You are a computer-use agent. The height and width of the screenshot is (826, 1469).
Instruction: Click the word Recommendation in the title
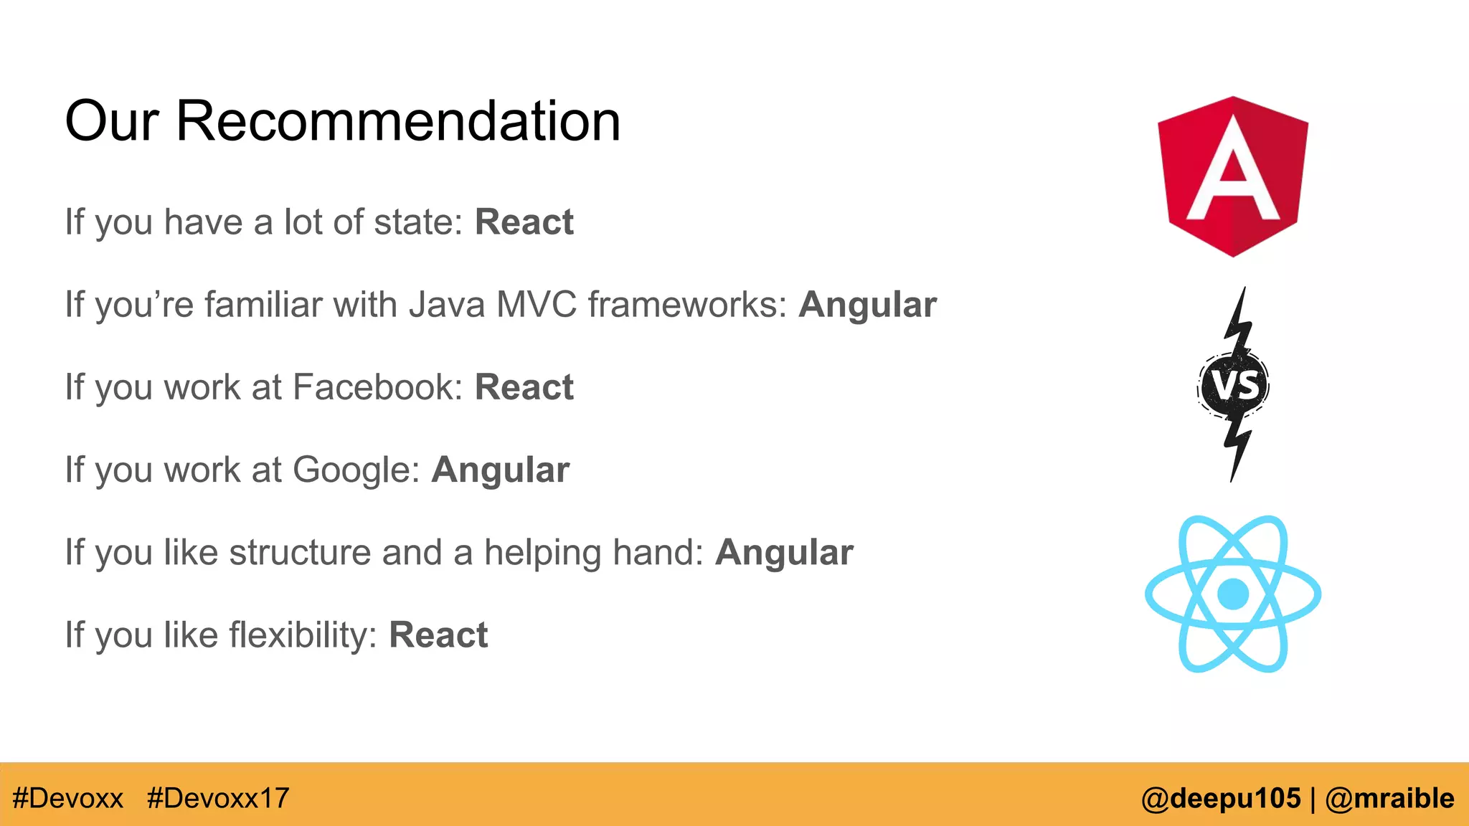point(398,120)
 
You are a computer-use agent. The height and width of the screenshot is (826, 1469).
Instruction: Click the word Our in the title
point(111,120)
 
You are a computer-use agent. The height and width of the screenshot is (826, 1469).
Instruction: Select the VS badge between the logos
point(1234,385)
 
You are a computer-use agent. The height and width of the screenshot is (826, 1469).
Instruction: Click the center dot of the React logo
point(1233,594)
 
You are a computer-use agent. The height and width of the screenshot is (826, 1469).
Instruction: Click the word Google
point(356,470)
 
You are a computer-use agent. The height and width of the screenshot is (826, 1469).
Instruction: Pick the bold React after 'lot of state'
point(524,222)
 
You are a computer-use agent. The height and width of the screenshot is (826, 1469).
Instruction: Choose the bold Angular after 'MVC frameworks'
point(867,305)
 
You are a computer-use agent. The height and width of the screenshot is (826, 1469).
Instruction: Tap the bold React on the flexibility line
point(438,635)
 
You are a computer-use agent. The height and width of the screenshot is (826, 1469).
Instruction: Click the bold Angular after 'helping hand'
point(784,553)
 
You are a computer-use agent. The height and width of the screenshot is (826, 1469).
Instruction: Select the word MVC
point(536,305)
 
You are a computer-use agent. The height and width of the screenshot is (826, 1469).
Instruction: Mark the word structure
point(300,553)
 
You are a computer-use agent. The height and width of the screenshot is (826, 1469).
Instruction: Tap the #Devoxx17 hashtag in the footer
point(218,798)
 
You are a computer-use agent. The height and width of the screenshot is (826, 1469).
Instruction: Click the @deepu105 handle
point(1221,798)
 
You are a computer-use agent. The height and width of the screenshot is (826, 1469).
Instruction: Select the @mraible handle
point(1389,798)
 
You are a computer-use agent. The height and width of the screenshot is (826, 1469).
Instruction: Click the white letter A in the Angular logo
point(1232,172)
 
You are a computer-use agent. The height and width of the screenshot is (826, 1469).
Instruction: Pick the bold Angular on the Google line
point(500,470)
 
